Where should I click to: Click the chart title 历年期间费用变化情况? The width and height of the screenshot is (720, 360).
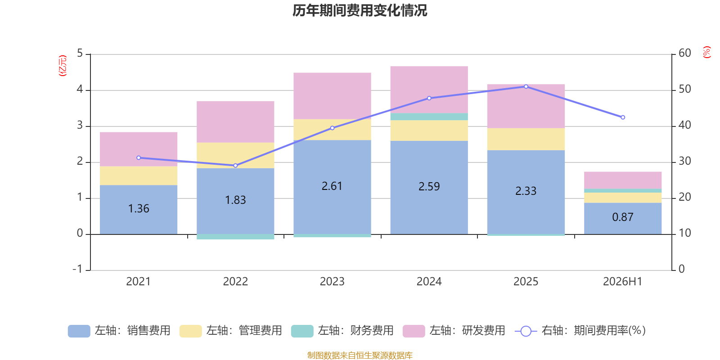[360, 11]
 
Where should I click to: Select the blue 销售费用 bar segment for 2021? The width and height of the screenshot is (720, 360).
[139, 210]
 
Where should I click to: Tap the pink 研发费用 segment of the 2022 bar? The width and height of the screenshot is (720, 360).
[235, 122]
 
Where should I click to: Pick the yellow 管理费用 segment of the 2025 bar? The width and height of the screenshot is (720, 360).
[526, 139]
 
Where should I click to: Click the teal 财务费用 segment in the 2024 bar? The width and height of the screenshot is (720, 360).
[429, 117]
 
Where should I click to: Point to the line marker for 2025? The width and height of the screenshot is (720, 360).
[526, 87]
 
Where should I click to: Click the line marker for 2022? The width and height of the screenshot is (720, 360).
[236, 166]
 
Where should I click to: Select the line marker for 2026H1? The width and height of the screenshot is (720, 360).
[623, 117]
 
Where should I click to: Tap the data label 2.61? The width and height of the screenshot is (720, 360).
[332, 186]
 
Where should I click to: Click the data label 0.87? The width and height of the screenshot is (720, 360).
[623, 217]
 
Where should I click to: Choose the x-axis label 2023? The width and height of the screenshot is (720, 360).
[332, 282]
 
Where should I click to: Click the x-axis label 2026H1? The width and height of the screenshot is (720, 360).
[623, 282]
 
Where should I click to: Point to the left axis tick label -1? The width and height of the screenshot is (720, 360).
[77, 269]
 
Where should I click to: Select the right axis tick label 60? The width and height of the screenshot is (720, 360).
[685, 53]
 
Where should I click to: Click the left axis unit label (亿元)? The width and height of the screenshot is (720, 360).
[63, 66]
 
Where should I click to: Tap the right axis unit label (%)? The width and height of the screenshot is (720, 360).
[706, 52]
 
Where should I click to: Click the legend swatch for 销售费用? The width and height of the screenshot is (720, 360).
[79, 331]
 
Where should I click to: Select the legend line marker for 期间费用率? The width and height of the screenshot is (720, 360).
[526, 331]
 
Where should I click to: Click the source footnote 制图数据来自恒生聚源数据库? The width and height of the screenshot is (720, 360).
[360, 355]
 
